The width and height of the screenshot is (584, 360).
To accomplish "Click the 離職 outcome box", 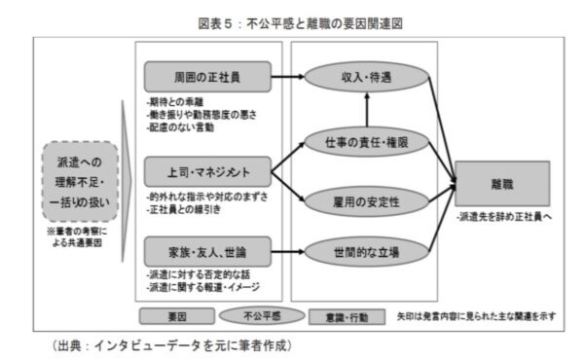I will click(x=501, y=183).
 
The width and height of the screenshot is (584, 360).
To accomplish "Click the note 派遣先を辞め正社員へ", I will click(x=502, y=218).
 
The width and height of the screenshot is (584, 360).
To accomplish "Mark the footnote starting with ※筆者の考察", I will click(x=82, y=237).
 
